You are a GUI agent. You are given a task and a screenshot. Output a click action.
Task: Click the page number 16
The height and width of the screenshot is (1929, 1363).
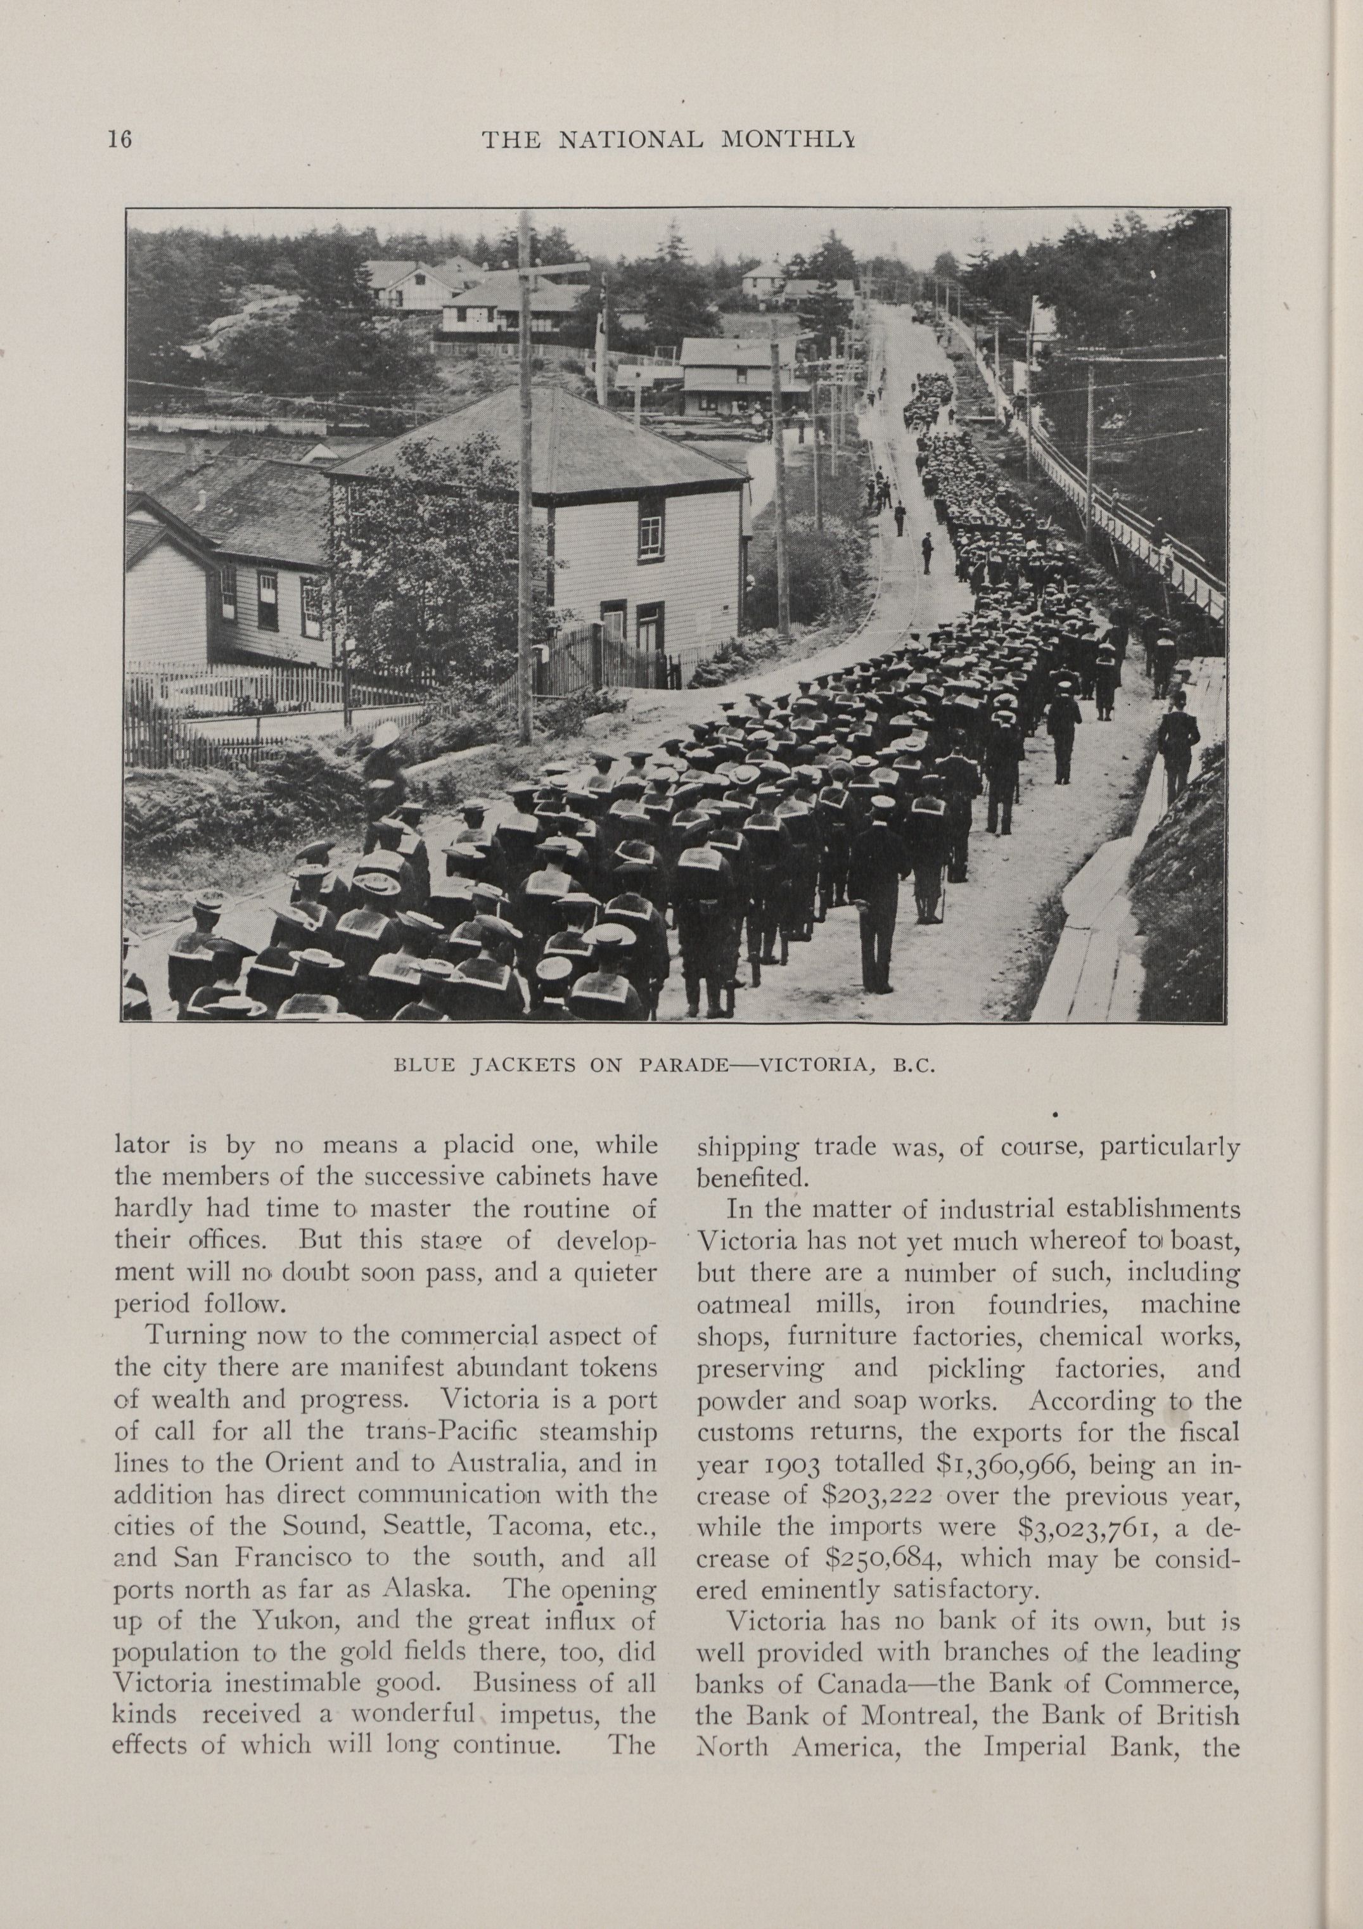click(x=119, y=139)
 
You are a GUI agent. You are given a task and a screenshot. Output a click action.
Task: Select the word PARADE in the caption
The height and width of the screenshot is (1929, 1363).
click(x=683, y=1066)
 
